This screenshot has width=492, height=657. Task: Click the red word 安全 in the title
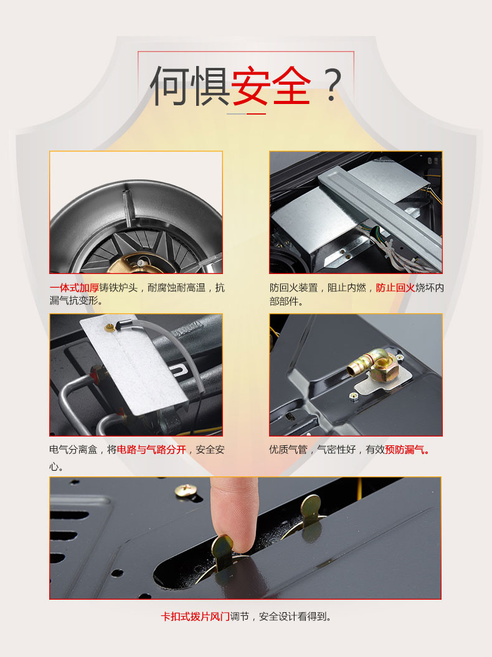[271, 85]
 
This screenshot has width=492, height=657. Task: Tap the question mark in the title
[333, 85]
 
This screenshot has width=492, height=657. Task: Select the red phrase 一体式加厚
[74, 288]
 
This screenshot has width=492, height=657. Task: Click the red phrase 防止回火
[395, 288]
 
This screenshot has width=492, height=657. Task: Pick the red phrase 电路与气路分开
[151, 450]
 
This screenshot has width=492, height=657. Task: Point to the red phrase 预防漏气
[407, 450]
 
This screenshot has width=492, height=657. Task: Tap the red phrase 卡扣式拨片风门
[196, 617]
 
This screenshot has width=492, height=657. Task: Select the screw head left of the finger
[185, 490]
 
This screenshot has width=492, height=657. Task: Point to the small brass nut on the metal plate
[110, 328]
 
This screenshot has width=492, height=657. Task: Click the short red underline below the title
[256, 113]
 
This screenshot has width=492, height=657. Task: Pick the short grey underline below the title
[237, 113]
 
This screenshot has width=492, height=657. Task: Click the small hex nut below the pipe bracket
[354, 395]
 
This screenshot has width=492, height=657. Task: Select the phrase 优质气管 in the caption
[288, 450]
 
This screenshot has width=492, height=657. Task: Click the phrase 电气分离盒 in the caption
[73, 450]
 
